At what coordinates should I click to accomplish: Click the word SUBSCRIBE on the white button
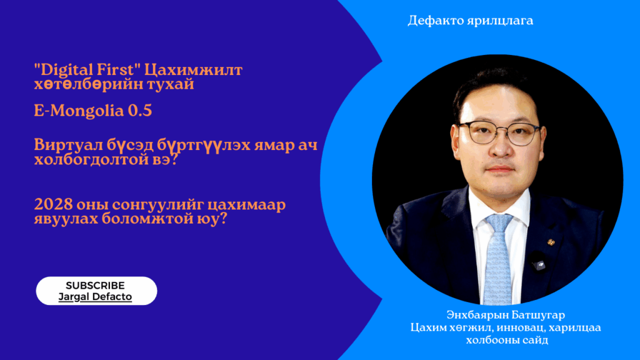coord(95,285)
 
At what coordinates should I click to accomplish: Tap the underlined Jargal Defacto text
coord(95,297)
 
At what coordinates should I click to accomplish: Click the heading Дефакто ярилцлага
coord(470,21)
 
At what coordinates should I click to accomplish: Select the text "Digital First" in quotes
coord(87,70)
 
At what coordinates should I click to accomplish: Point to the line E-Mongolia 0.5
coord(93,111)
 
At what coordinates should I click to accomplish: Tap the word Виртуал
coord(68,145)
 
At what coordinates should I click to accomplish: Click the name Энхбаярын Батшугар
coord(506,315)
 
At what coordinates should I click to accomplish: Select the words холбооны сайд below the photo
coord(507,340)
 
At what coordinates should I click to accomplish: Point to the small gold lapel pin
coord(551,242)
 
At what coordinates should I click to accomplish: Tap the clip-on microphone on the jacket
coord(538,263)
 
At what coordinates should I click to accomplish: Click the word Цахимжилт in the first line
coord(194,70)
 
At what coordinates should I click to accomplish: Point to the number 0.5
coord(140,111)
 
